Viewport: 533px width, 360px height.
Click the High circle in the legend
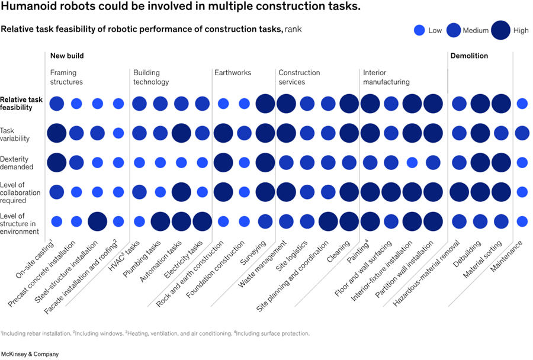(x=500, y=30)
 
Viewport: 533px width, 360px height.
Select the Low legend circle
(x=419, y=30)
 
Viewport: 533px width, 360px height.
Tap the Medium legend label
(x=476, y=30)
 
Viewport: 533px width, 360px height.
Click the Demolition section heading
(x=469, y=56)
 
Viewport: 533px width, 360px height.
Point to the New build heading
(x=67, y=56)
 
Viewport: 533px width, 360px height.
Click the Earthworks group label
(x=233, y=73)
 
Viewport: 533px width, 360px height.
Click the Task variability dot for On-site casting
(x=57, y=133)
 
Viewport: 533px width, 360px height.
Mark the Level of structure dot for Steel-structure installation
(x=97, y=221)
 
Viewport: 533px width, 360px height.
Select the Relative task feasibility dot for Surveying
(x=265, y=104)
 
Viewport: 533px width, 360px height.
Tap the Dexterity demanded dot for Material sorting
(x=501, y=162)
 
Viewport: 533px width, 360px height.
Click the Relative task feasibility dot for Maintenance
(x=522, y=104)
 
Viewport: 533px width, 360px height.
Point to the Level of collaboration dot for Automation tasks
(x=181, y=192)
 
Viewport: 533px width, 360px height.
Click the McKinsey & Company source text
(x=30, y=354)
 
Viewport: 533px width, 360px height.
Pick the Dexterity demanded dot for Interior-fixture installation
(x=412, y=162)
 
